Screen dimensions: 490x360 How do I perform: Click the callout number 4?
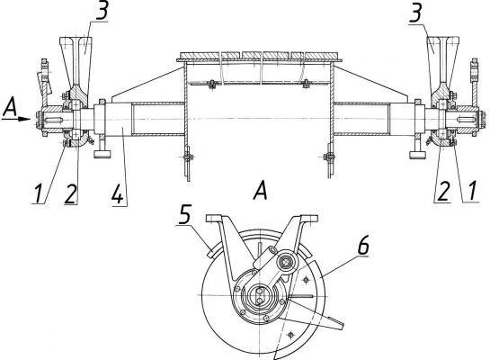pyautogui.click(x=117, y=193)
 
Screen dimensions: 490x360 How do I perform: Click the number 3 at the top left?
pyautogui.click(x=102, y=9)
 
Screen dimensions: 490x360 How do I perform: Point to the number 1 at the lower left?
pyautogui.click(x=39, y=193)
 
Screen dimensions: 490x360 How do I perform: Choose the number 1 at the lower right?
pyautogui.click(x=472, y=191)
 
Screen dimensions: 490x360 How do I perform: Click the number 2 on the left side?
pyautogui.click(x=71, y=193)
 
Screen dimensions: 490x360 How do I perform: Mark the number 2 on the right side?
pyautogui.click(x=443, y=191)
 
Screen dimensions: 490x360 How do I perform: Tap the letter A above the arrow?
pyautogui.click(x=10, y=106)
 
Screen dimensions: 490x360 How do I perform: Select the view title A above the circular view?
pyautogui.click(x=261, y=191)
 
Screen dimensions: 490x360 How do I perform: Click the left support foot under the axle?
pyautogui.click(x=102, y=151)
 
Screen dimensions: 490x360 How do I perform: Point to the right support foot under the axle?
pyautogui.click(x=417, y=151)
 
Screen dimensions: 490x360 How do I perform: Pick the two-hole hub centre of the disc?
pyautogui.click(x=259, y=295)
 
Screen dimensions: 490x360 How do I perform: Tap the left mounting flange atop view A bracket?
pyautogui.click(x=214, y=219)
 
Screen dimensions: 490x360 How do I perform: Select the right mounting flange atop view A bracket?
pyautogui.click(x=309, y=219)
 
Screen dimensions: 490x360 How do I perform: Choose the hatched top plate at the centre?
pyautogui.click(x=259, y=57)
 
